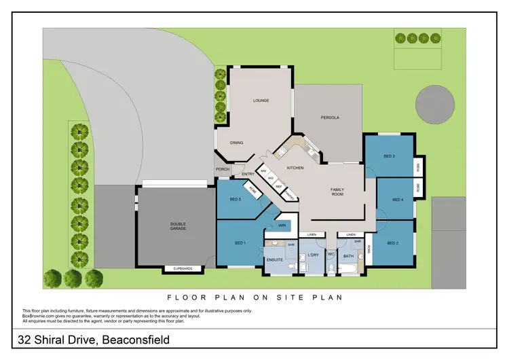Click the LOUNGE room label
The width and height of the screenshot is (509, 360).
[x=261, y=101]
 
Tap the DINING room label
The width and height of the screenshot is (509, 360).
[x=236, y=143]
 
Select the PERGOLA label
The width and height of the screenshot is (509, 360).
[x=330, y=118]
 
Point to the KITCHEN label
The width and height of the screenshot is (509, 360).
[x=295, y=168]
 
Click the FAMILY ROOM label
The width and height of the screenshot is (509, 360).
[x=337, y=192]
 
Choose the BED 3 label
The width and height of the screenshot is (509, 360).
[x=389, y=157]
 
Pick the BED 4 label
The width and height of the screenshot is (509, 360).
[x=398, y=199]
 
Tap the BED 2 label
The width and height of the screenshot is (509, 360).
[x=393, y=242]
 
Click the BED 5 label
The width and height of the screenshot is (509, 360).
[x=235, y=199]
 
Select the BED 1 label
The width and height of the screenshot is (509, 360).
[x=240, y=242]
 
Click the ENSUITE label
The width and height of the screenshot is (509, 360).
[x=274, y=259]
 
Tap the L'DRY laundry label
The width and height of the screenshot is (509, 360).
[x=313, y=255]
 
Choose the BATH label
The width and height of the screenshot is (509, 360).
[x=348, y=256]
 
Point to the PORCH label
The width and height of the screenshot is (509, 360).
[x=222, y=170]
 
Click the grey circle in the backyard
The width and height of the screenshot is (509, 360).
[x=434, y=106]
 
